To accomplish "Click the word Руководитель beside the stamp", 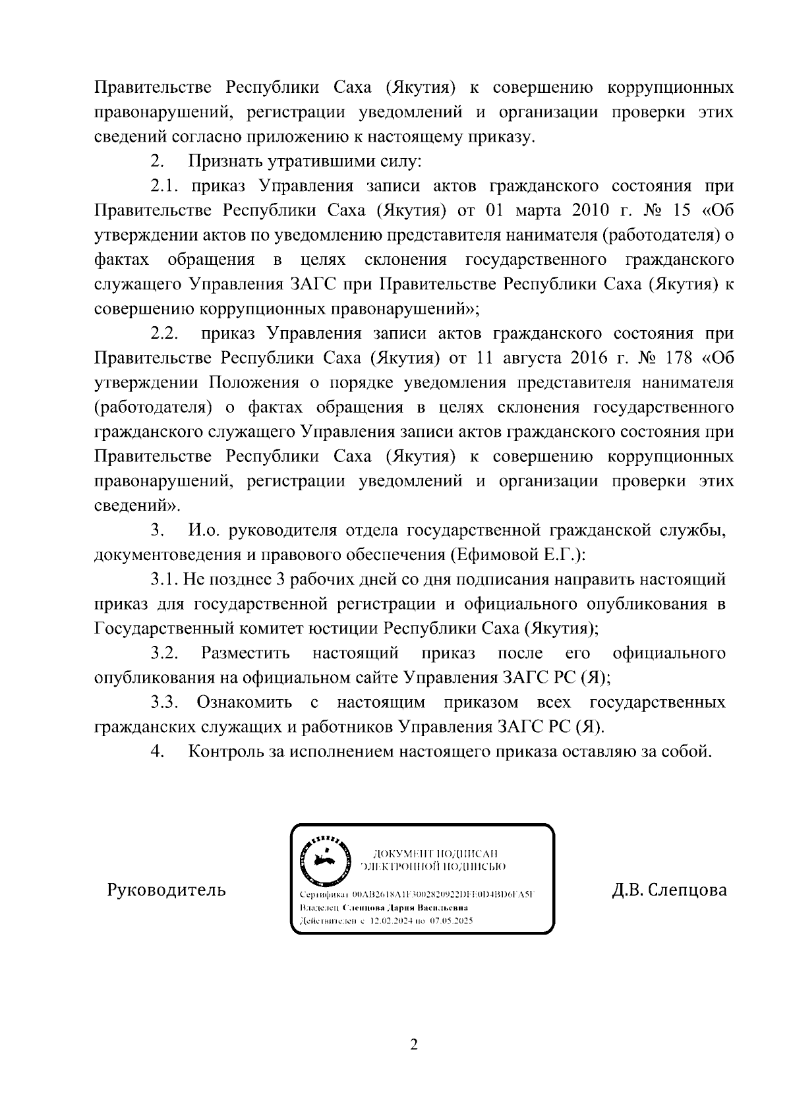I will (166, 890).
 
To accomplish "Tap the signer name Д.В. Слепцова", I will (669, 890).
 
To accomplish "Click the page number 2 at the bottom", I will (413, 1045).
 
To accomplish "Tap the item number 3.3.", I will (165, 703).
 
